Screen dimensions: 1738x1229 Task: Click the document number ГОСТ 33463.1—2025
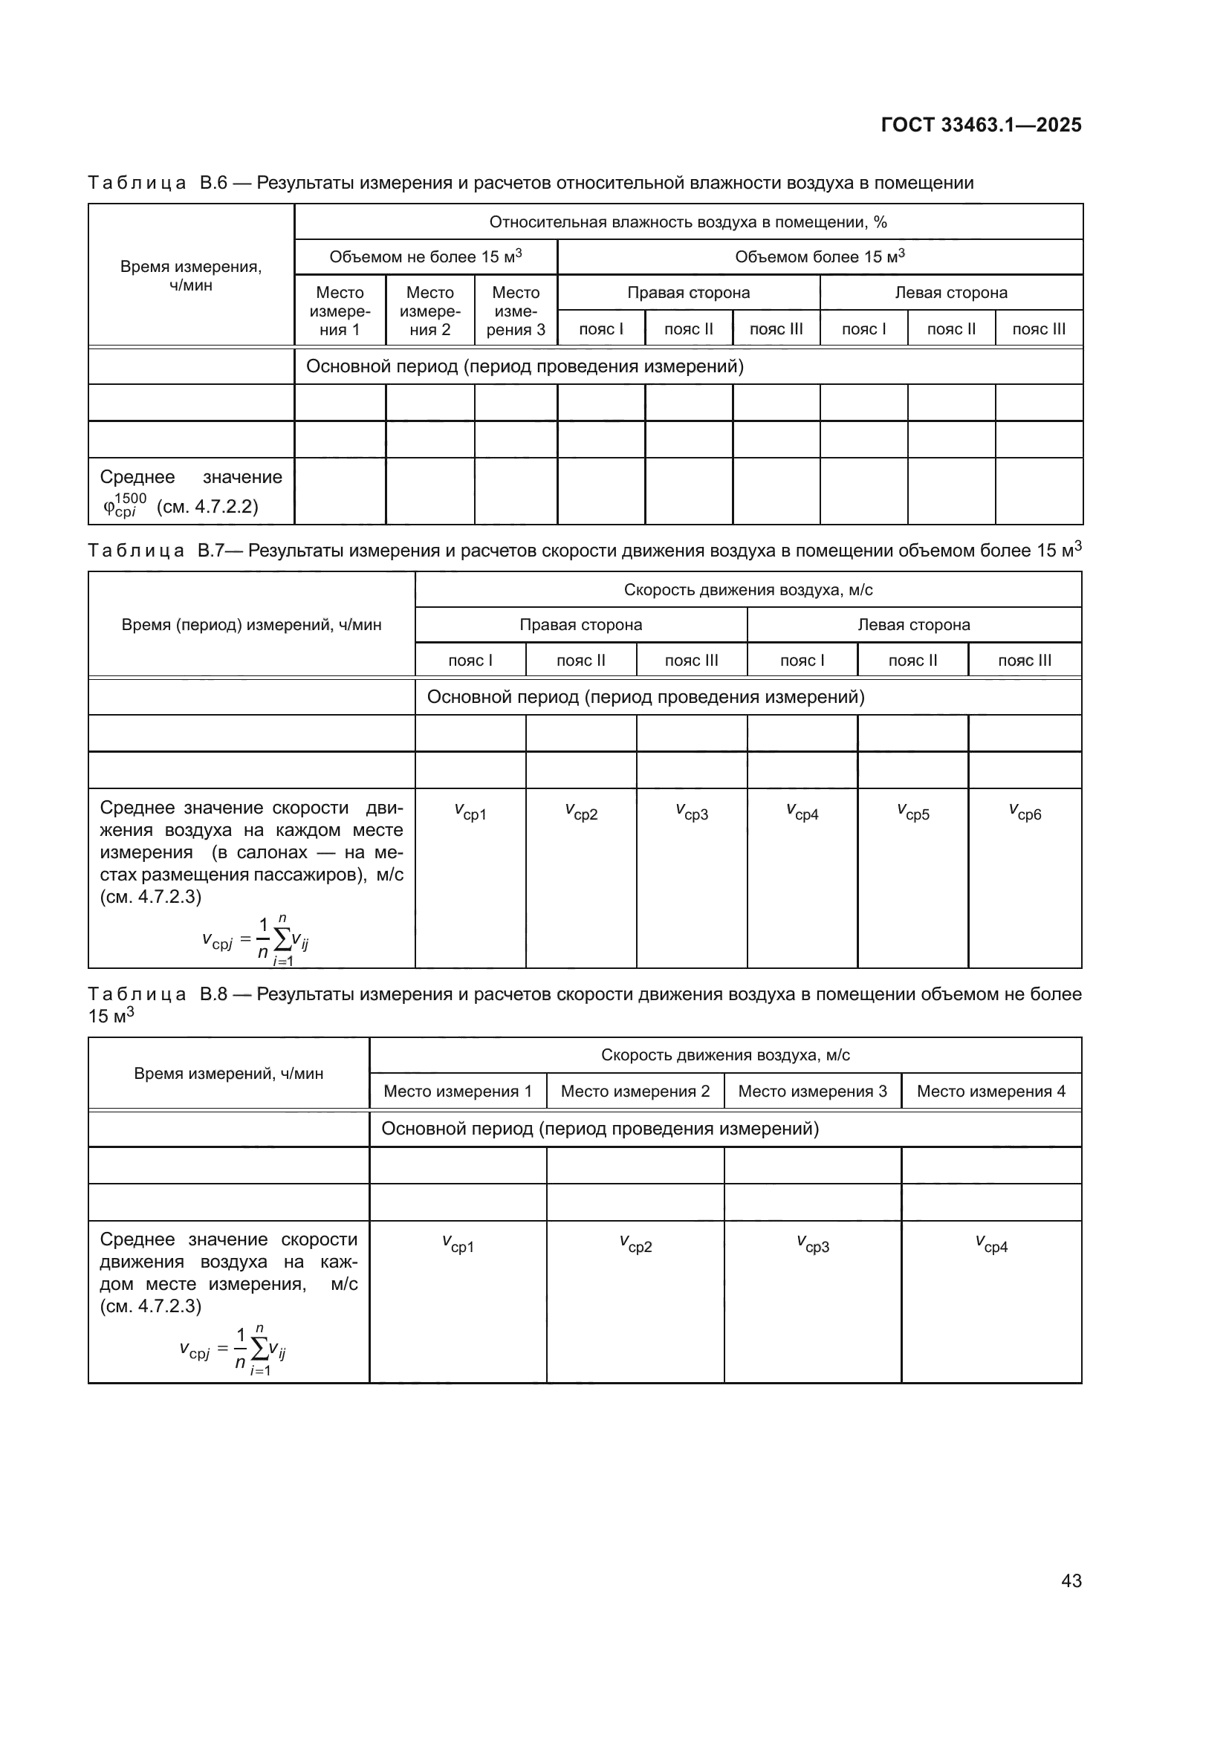[981, 125]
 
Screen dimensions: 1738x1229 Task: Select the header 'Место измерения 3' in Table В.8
[812, 1091]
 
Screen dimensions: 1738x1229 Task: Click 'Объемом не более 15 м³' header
[425, 256]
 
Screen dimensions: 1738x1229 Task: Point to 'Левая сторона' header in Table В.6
[950, 292]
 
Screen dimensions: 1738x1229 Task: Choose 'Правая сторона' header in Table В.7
[580, 624]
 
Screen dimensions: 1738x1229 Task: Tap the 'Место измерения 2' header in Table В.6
[429, 311]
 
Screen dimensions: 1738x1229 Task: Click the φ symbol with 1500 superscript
[124, 505]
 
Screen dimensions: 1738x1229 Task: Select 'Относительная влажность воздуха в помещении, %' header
[688, 221]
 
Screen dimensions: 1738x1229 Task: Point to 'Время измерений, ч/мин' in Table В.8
[229, 1074]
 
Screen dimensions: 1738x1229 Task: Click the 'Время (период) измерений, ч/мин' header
[251, 624]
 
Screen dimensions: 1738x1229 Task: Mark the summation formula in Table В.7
[255, 941]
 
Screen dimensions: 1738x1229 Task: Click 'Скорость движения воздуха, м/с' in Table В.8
[725, 1055]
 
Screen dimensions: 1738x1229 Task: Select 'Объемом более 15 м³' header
[820, 256]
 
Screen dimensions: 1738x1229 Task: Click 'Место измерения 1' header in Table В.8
[458, 1091]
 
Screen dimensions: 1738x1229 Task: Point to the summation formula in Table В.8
[233, 1350]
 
